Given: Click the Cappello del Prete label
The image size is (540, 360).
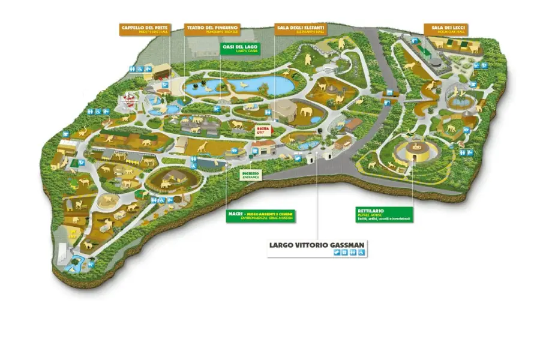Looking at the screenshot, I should [145, 29].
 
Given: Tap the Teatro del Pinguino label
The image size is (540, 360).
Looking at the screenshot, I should [212, 29].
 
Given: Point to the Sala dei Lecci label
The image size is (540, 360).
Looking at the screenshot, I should [446, 29].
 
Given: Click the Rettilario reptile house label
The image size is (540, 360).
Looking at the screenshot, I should [384, 214].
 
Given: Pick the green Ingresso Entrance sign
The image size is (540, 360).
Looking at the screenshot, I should [250, 175].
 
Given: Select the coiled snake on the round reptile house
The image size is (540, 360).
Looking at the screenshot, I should [413, 147].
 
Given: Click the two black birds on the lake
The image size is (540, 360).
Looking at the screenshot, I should [204, 82].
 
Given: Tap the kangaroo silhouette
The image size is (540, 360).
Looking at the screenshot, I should [308, 59].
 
